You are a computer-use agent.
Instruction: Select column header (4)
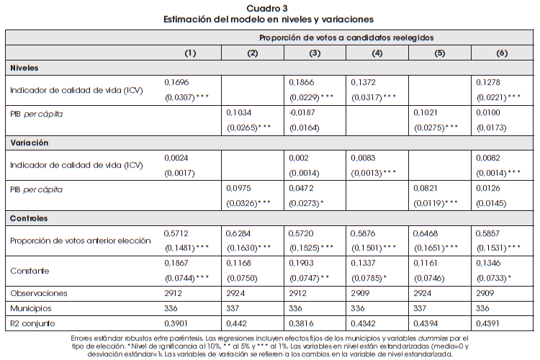377,53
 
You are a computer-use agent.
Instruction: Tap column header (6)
502,53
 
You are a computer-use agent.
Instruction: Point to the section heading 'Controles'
30,217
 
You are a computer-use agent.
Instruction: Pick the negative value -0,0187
302,113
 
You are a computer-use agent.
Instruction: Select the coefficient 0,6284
239,233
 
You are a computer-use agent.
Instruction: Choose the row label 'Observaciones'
38,293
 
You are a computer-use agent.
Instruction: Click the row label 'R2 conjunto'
32,323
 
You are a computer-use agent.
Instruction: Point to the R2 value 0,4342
364,323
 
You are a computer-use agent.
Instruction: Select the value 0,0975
239,188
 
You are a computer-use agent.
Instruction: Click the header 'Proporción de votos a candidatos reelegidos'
346,36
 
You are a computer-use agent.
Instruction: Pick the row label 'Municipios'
31,308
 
